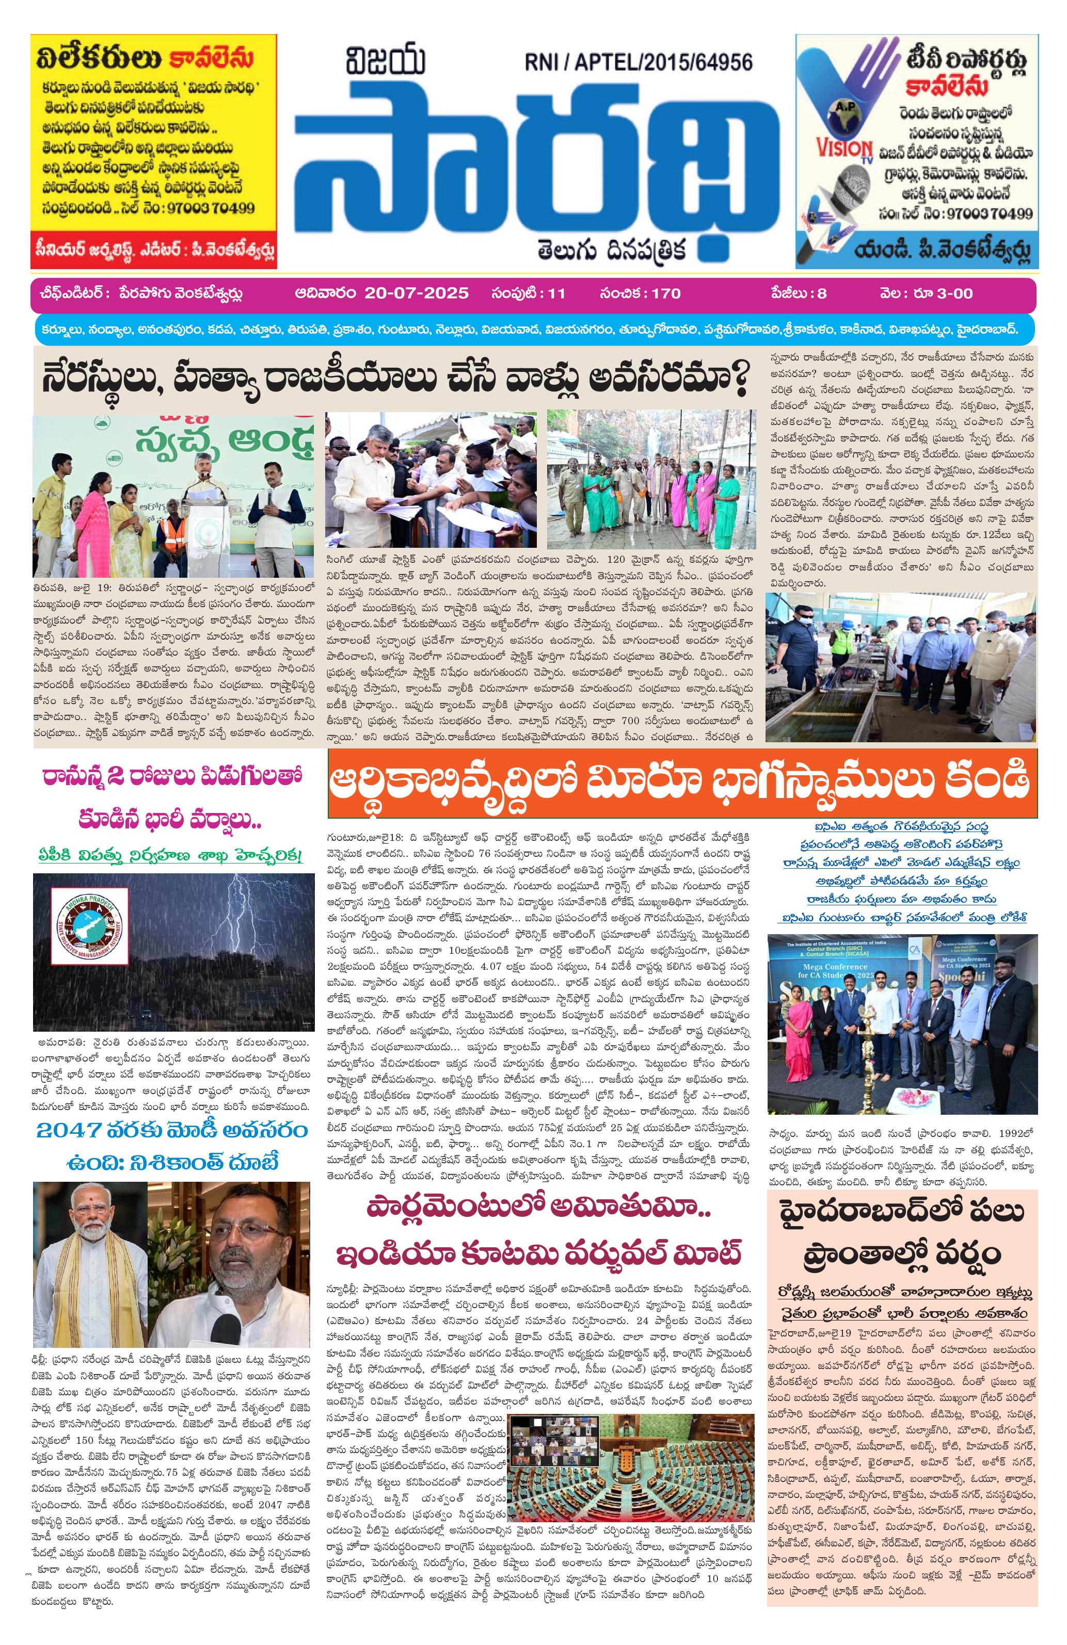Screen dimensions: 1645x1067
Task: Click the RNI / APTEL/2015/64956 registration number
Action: click(638, 63)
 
